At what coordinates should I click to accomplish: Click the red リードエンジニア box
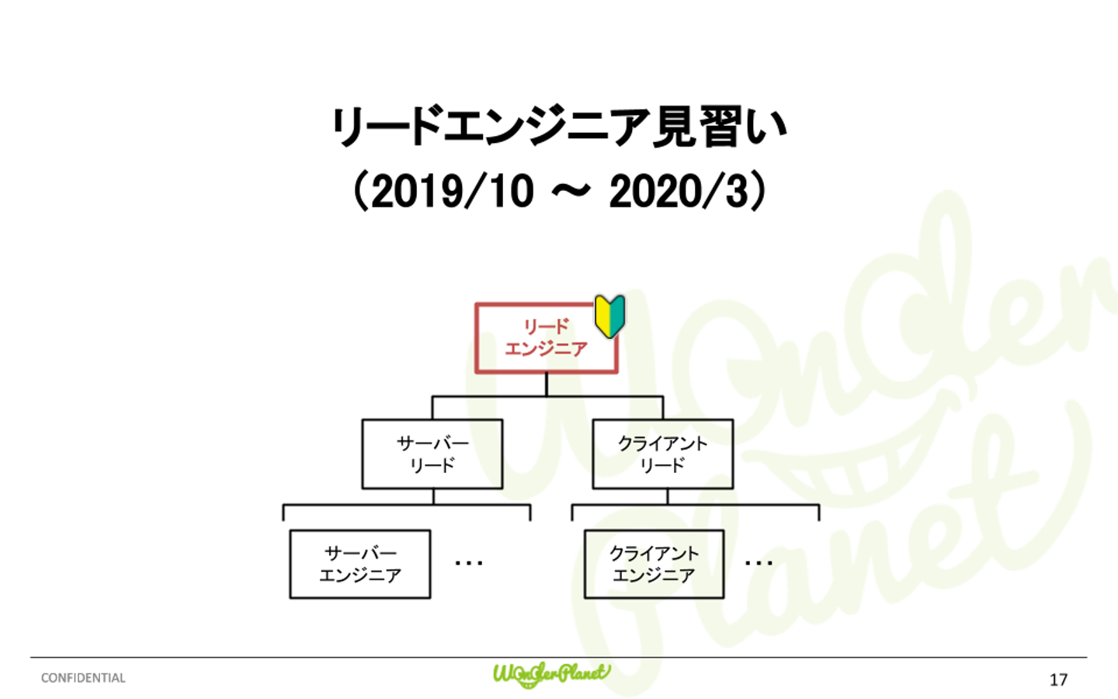point(547,338)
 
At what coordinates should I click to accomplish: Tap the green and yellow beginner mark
point(610,317)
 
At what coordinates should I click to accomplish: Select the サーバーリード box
point(432,454)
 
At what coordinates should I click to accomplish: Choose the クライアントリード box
point(663,454)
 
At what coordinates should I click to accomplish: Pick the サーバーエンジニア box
point(360,564)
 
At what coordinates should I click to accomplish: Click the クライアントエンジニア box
point(654,564)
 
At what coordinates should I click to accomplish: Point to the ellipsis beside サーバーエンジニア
point(469,563)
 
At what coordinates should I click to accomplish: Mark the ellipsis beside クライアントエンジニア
point(759,563)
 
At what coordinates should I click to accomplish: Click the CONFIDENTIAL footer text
point(83,678)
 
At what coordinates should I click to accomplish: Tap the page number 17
point(1059,680)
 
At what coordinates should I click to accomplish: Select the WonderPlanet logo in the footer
point(551,675)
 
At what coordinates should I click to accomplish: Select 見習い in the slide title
point(719,127)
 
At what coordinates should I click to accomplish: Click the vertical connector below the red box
point(547,385)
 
